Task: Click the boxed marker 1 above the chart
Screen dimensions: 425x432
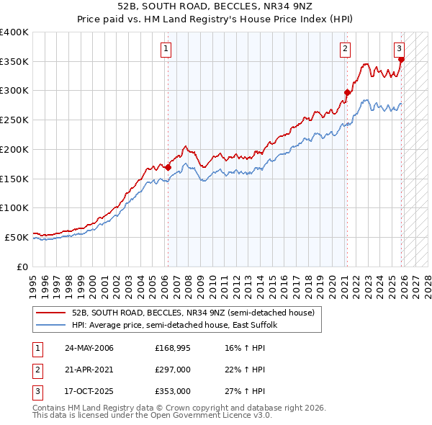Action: tap(166, 49)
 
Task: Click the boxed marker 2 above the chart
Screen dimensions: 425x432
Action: tap(345, 49)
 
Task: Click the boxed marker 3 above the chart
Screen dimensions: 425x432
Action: tap(399, 49)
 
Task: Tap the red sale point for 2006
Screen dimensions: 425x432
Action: tap(168, 167)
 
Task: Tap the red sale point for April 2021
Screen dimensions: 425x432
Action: tap(347, 92)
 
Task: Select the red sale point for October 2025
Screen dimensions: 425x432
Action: tap(401, 60)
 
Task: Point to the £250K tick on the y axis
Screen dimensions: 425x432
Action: tap(14, 120)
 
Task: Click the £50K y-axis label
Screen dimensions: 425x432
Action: tap(16, 237)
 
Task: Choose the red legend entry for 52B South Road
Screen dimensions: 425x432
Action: tap(192, 313)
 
